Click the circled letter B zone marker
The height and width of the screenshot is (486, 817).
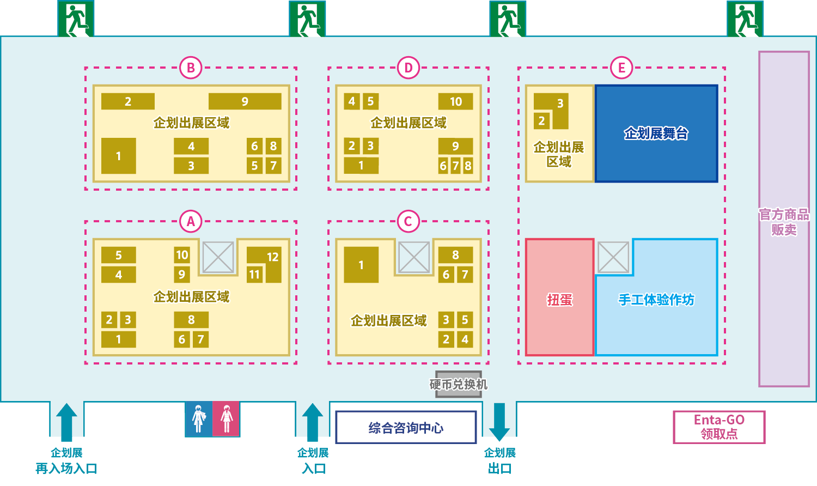(x=191, y=68)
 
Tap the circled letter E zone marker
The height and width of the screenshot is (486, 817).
(x=621, y=68)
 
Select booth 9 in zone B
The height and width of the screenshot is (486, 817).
(x=245, y=101)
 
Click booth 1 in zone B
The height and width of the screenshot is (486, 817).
(x=119, y=156)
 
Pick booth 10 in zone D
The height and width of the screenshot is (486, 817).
(x=455, y=101)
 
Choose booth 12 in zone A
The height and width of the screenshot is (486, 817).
(x=273, y=257)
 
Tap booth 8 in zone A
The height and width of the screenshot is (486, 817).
(x=191, y=320)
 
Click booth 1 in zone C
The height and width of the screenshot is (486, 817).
(x=361, y=265)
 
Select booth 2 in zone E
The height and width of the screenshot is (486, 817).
(x=541, y=120)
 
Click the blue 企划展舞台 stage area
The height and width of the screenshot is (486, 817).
(x=656, y=133)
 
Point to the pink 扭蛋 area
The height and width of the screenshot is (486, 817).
(x=560, y=297)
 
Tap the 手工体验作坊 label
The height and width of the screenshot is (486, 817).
(x=656, y=300)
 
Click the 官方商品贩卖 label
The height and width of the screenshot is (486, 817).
(x=784, y=222)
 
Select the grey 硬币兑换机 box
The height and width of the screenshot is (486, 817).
(x=459, y=384)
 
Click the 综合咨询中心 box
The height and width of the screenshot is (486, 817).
(x=406, y=427)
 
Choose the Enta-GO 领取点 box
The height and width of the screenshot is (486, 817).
(x=719, y=427)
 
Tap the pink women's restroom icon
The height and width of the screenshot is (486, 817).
(x=226, y=419)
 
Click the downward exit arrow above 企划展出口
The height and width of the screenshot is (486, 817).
(x=499, y=422)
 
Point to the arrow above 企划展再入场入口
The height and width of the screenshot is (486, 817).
(x=66, y=422)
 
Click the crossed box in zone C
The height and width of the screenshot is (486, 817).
(x=414, y=257)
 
